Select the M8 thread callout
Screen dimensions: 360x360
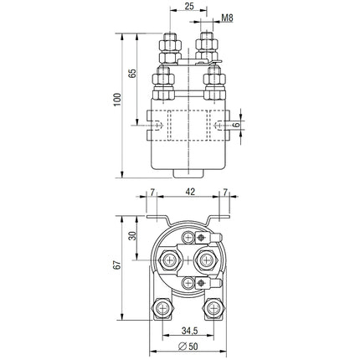228,17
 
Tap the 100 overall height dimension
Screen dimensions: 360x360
117,100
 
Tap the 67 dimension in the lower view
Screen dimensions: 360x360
117,263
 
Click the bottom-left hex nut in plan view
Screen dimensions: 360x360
158,310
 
